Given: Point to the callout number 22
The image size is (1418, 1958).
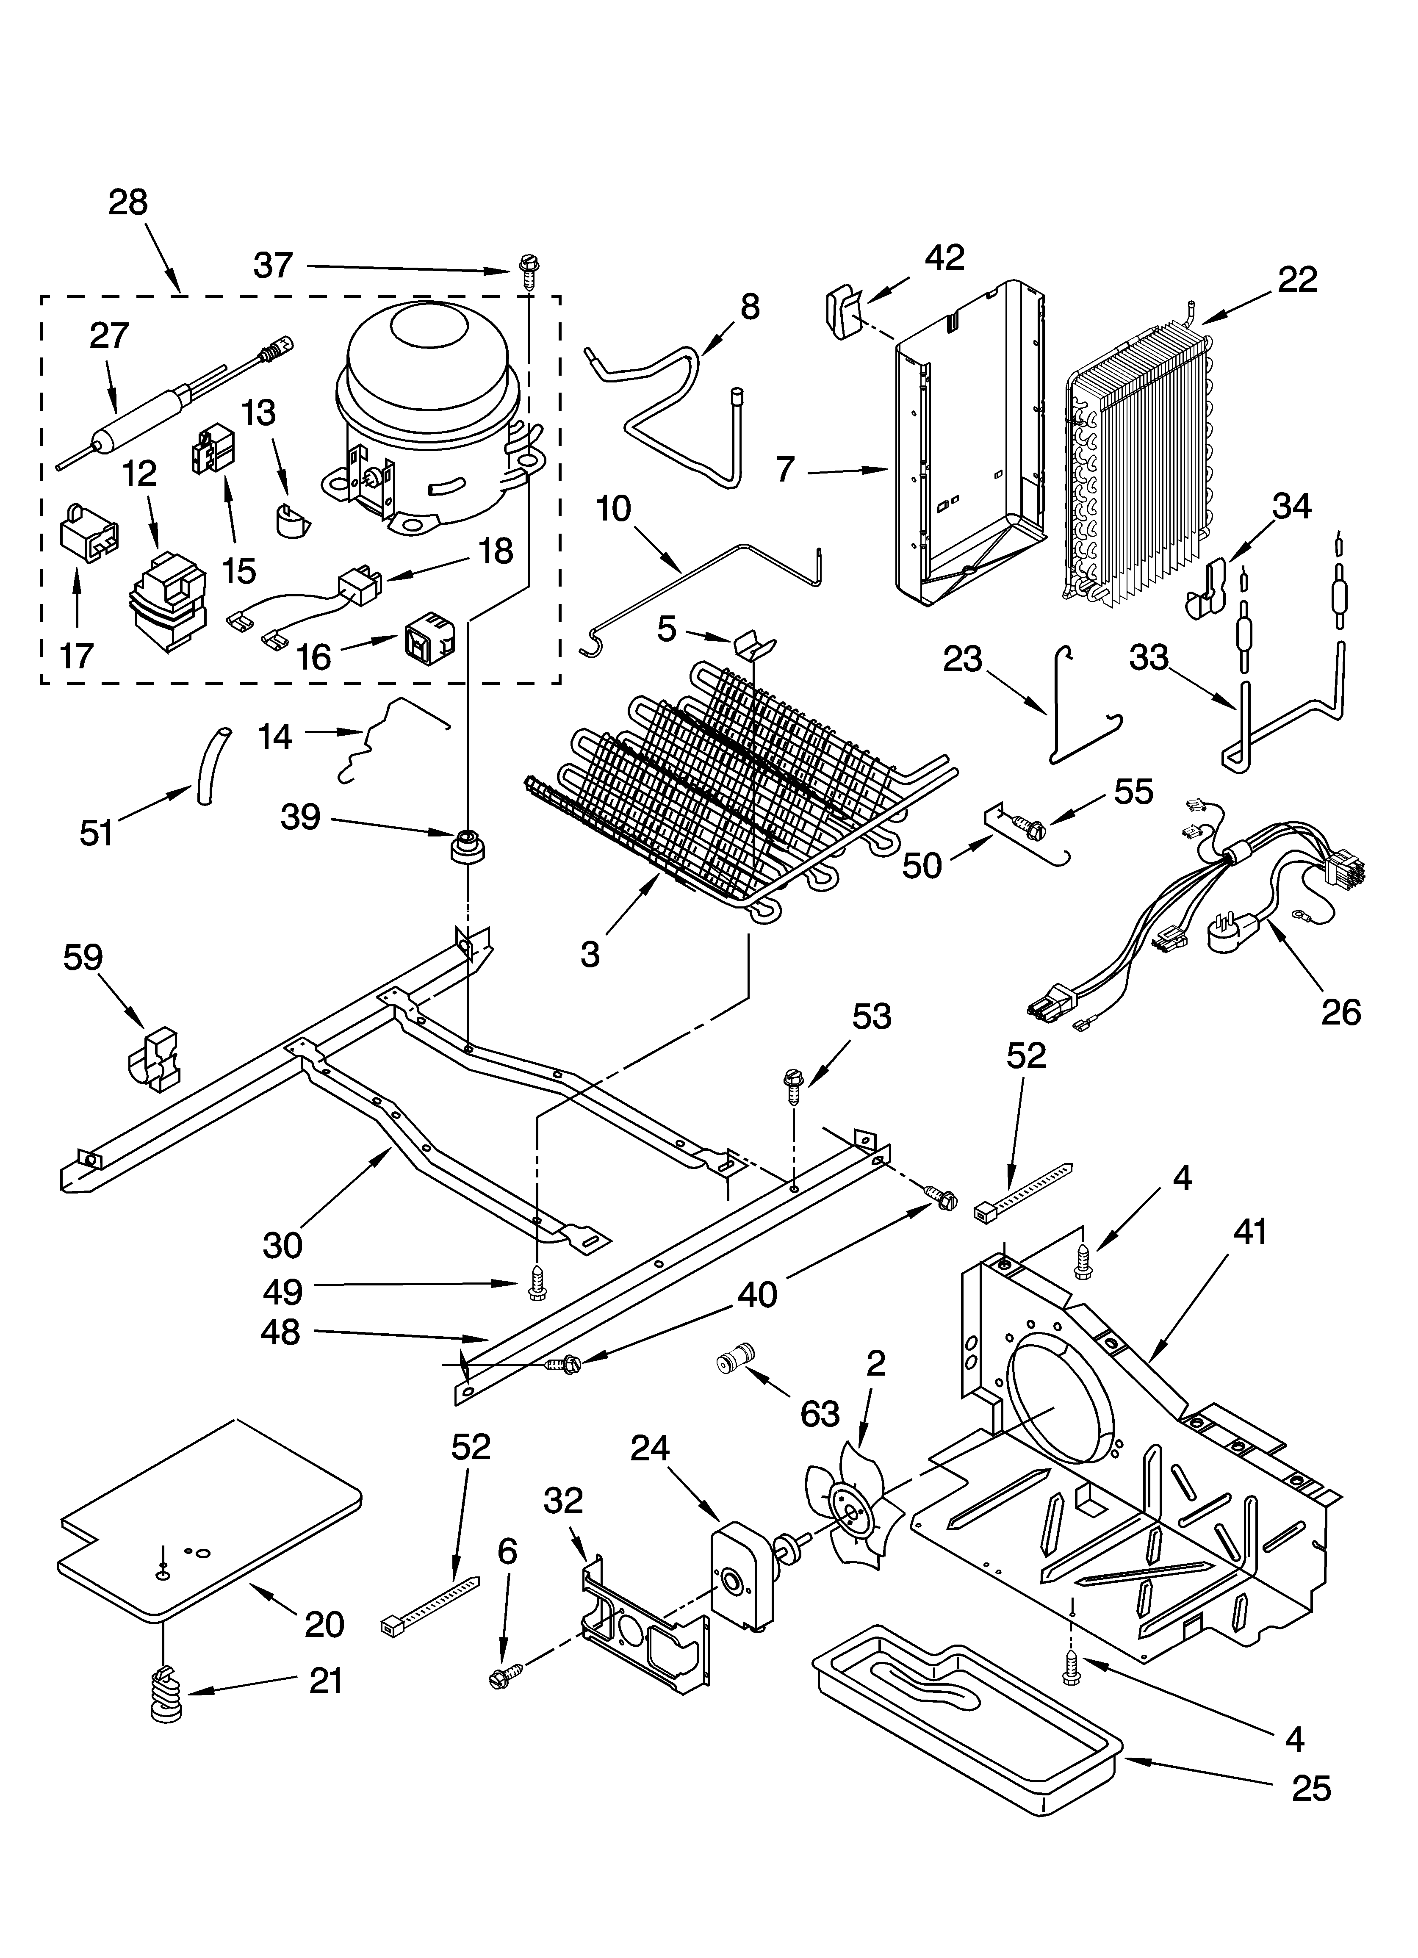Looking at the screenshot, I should coord(1297,280).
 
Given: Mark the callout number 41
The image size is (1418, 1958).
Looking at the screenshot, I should coord(1250,1232).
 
